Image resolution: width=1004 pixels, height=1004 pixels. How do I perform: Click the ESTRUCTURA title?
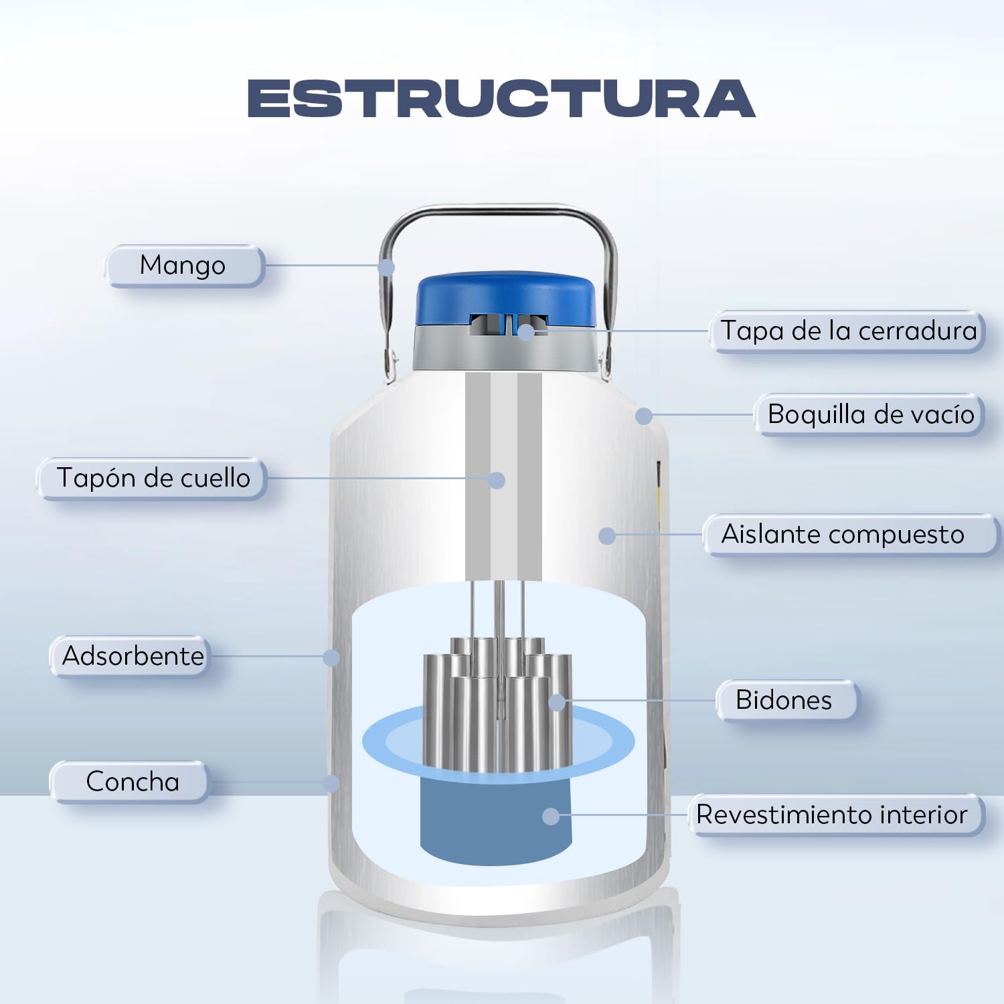[501, 98]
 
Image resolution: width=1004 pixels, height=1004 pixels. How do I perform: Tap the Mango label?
[183, 266]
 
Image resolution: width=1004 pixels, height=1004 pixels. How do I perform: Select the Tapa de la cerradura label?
[848, 331]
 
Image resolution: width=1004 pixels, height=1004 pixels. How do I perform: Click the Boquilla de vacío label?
[869, 414]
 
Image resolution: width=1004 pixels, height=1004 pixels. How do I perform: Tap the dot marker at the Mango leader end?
[386, 268]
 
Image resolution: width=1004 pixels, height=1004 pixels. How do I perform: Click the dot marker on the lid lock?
[527, 331]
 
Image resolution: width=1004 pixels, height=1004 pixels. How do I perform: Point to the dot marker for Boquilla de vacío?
[644, 416]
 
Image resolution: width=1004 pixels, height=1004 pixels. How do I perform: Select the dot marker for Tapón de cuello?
[497, 480]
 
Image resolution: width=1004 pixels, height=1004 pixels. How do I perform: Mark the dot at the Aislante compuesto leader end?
[607, 535]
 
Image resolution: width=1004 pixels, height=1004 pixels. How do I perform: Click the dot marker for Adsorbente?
[331, 657]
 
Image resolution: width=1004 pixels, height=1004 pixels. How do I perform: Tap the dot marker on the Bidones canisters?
[557, 702]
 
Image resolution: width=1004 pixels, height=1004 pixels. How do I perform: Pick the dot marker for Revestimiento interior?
[551, 816]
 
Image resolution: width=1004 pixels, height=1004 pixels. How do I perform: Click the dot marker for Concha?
[331, 783]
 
